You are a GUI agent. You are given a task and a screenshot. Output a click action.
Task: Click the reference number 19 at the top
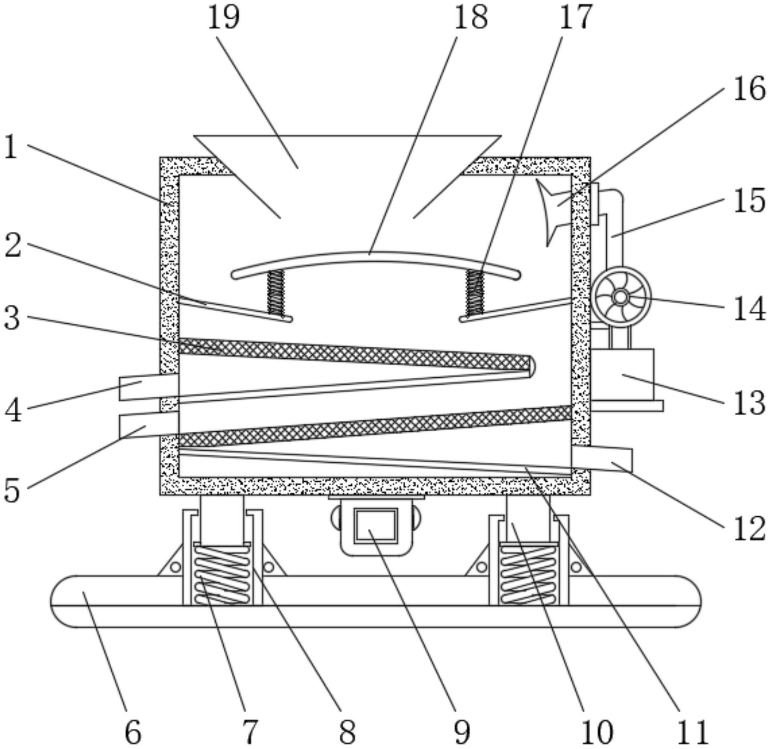pyautogui.click(x=223, y=18)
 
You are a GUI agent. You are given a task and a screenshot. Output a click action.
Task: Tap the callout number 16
pyautogui.click(x=749, y=89)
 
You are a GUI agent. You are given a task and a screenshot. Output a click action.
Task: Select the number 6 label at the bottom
pyautogui.click(x=132, y=732)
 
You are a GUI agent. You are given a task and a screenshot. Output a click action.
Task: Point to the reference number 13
pyautogui.click(x=749, y=403)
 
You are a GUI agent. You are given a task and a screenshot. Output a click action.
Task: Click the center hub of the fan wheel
pyautogui.click(x=621, y=297)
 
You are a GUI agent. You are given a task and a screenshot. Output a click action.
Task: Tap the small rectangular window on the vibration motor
pyautogui.click(x=376, y=525)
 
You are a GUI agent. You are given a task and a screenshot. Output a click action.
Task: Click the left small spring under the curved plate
pyautogui.click(x=276, y=292)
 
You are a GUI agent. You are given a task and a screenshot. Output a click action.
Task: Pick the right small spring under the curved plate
pyautogui.click(x=475, y=291)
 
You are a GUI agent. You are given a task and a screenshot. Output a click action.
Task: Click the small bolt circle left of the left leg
pyautogui.click(x=175, y=566)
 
